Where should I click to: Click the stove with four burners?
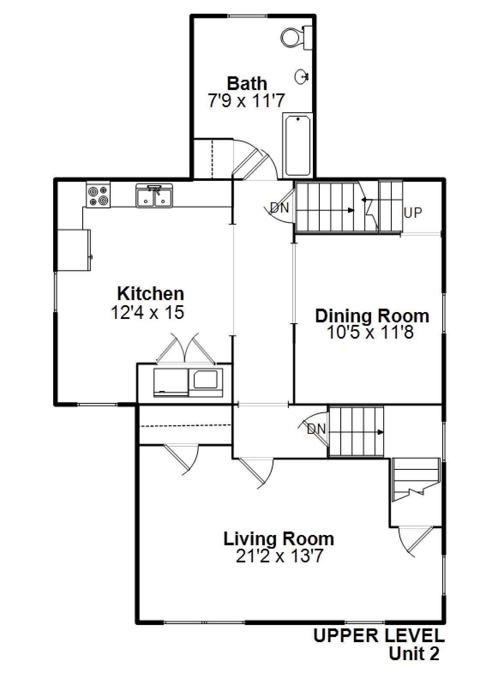point(98,195)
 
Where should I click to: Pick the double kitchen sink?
point(154,196)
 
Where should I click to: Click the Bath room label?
point(247,83)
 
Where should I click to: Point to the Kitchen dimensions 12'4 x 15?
point(148,312)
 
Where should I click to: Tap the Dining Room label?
point(372,315)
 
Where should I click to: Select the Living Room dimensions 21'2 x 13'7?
point(279,556)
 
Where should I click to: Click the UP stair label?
point(413,212)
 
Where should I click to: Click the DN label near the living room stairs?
point(316,429)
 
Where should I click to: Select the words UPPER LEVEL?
point(379,636)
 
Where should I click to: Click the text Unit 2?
point(414,654)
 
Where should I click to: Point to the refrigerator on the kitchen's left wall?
point(73,250)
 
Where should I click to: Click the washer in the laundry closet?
point(171,382)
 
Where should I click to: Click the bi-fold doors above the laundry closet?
point(185,348)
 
